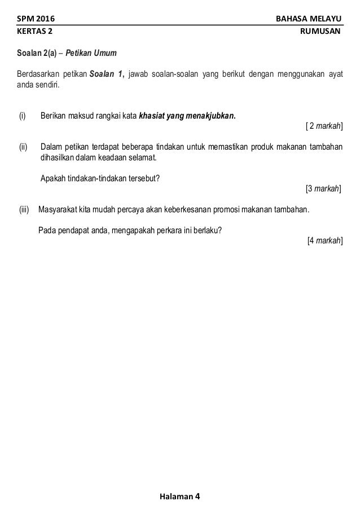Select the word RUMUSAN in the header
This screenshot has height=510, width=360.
point(322,32)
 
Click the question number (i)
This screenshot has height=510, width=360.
point(23,117)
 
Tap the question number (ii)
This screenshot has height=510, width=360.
point(23,148)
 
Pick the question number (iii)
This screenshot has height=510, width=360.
point(24,210)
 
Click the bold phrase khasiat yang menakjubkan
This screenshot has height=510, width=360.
point(187,117)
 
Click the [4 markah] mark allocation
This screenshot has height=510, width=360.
point(324,240)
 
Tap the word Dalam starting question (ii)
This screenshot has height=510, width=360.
point(51,148)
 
